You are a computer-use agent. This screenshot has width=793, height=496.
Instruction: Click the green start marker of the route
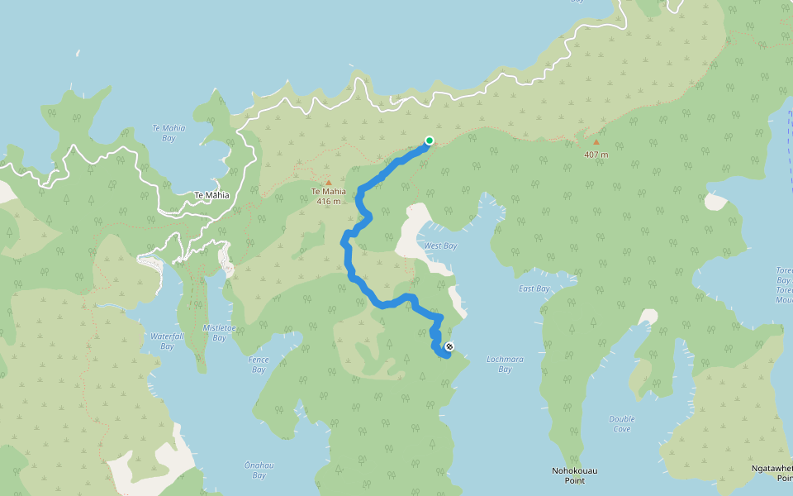coord(430,141)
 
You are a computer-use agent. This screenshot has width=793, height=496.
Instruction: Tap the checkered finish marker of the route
coord(449,346)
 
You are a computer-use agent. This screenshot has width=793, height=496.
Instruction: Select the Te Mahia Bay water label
coord(169,133)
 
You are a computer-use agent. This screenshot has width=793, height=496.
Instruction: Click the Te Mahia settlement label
coord(211,195)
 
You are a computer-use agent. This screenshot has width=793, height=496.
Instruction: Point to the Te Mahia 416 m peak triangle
coord(328,183)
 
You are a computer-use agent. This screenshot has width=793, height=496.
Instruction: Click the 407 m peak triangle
coord(596,142)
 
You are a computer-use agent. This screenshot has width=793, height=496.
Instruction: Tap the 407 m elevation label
coord(596,155)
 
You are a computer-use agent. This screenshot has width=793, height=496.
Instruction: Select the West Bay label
coord(440,246)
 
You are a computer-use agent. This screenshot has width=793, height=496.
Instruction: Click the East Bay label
coord(534,289)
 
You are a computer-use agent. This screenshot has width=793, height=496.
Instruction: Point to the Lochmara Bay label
coord(506,365)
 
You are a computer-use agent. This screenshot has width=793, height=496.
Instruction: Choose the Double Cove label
coord(622,424)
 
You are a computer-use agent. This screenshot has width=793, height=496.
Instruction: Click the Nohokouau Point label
coord(574,475)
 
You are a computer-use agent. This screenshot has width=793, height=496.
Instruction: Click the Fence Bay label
coord(259,365)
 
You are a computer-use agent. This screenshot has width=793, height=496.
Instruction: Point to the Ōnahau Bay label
coord(259,470)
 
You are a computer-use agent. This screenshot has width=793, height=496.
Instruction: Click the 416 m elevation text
coord(328,201)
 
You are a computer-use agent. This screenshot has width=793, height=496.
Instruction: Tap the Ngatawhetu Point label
coord(772,473)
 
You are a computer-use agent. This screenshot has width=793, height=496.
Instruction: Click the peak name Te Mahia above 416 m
coord(328,192)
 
